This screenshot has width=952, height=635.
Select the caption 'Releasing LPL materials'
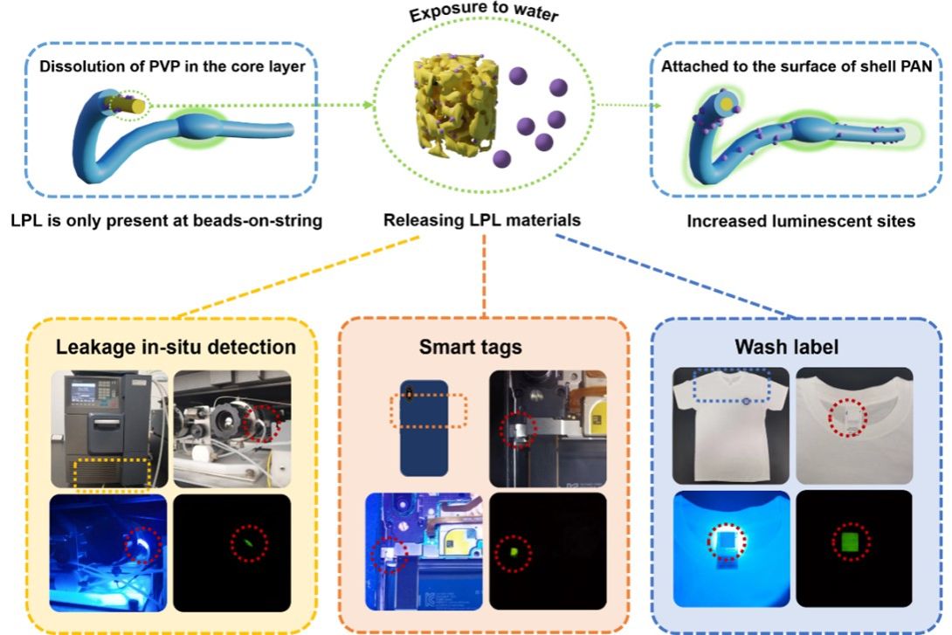tap(482, 221)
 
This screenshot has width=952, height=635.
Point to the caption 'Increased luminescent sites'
tap(801, 221)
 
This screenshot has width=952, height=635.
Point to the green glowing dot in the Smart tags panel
tap(514, 552)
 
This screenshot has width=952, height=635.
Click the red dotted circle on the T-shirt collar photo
tap(845, 418)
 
